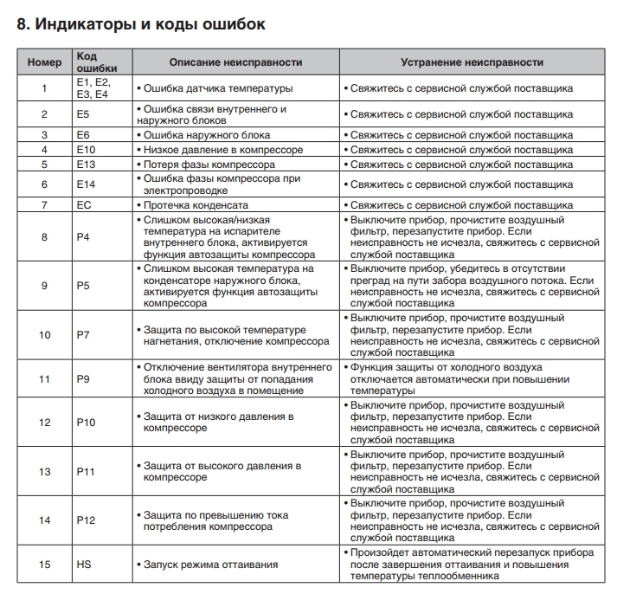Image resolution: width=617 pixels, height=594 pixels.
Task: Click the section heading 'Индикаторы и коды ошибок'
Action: (141, 23)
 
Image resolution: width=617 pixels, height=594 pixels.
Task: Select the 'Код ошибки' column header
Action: (96, 61)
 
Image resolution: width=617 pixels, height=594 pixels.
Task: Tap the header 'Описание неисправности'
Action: (235, 62)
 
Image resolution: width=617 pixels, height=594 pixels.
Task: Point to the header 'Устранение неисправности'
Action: (472, 62)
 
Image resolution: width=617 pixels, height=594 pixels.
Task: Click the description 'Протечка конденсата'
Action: (195, 205)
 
